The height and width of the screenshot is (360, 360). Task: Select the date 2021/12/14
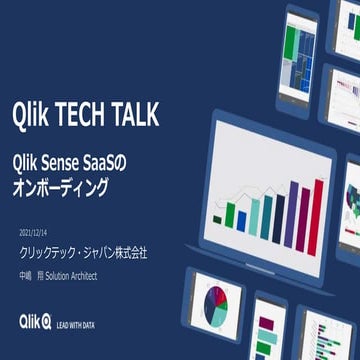35,232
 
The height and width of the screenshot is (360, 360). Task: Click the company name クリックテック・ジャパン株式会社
83,252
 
